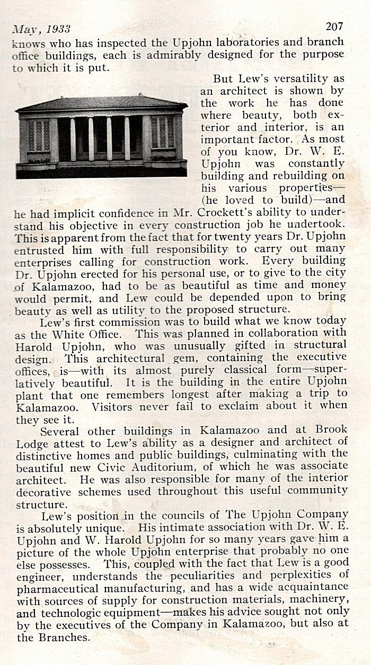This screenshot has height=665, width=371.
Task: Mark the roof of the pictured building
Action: click(x=101, y=103)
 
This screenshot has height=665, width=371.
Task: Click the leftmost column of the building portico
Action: click(x=73, y=140)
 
